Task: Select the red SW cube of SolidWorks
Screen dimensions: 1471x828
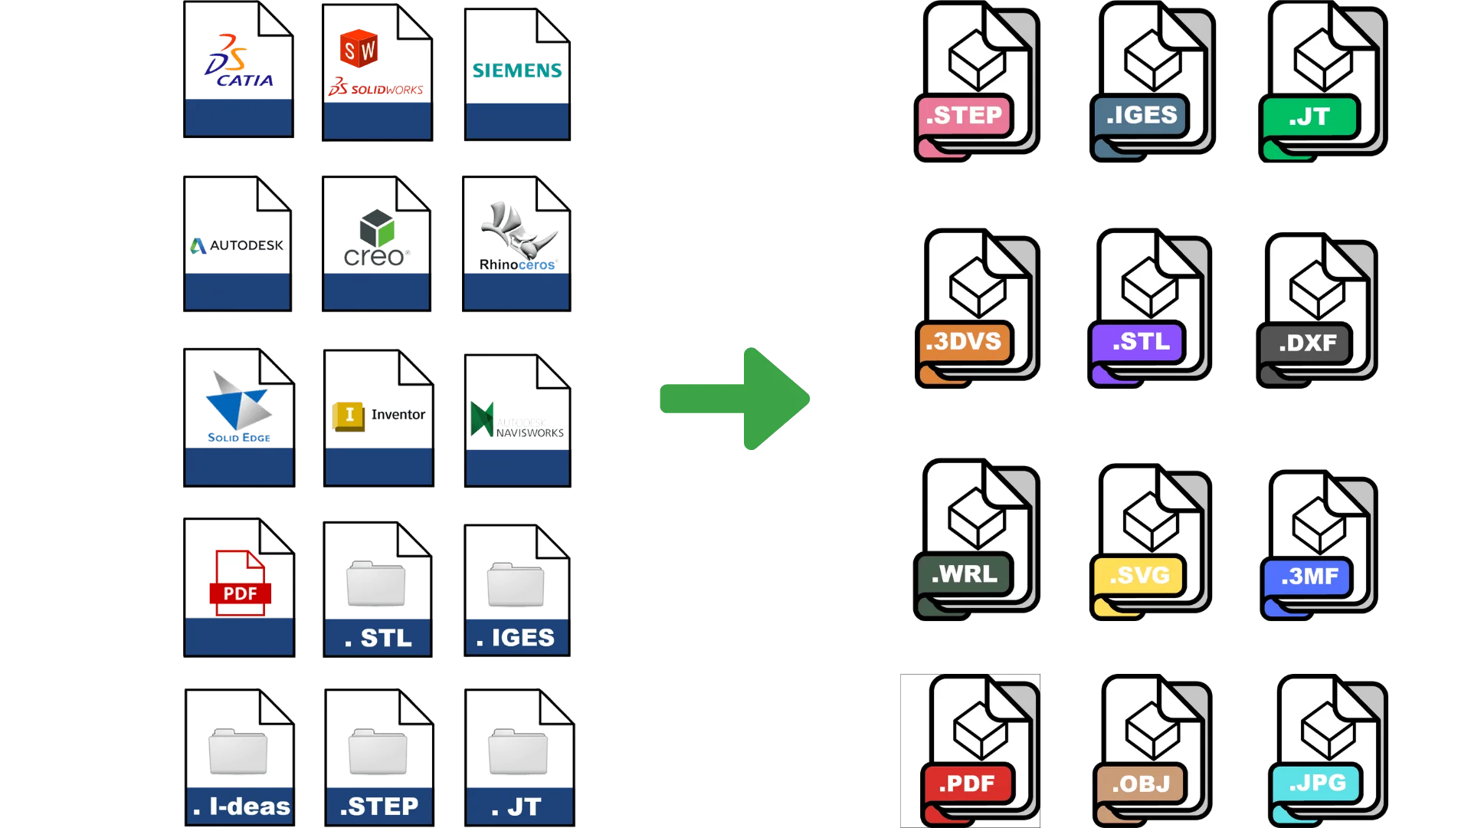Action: pyautogui.click(x=359, y=49)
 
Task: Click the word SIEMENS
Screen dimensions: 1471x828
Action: pyautogui.click(x=517, y=71)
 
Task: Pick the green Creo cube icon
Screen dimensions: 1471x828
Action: pyautogui.click(x=377, y=228)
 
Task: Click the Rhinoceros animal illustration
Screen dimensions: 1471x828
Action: pyautogui.click(x=518, y=229)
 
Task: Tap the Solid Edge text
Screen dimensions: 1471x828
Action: pyautogui.click(x=239, y=438)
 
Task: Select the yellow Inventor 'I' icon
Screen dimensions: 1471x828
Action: pyautogui.click(x=349, y=416)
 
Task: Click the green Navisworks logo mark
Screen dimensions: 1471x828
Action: pyautogui.click(x=482, y=419)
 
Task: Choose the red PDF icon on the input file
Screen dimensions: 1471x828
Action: pyautogui.click(x=240, y=583)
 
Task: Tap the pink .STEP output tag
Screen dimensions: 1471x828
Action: pyautogui.click(x=965, y=116)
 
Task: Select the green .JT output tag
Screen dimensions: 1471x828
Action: pyautogui.click(x=1309, y=117)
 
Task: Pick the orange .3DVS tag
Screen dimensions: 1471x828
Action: pyautogui.click(x=964, y=342)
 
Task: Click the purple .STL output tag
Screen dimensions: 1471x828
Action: pyautogui.click(x=1137, y=342)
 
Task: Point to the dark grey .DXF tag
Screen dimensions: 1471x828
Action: pyautogui.click(x=1305, y=343)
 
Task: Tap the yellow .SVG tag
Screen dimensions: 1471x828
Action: pyautogui.click(x=1138, y=576)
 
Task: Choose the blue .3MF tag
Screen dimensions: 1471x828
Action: pyautogui.click(x=1307, y=577)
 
